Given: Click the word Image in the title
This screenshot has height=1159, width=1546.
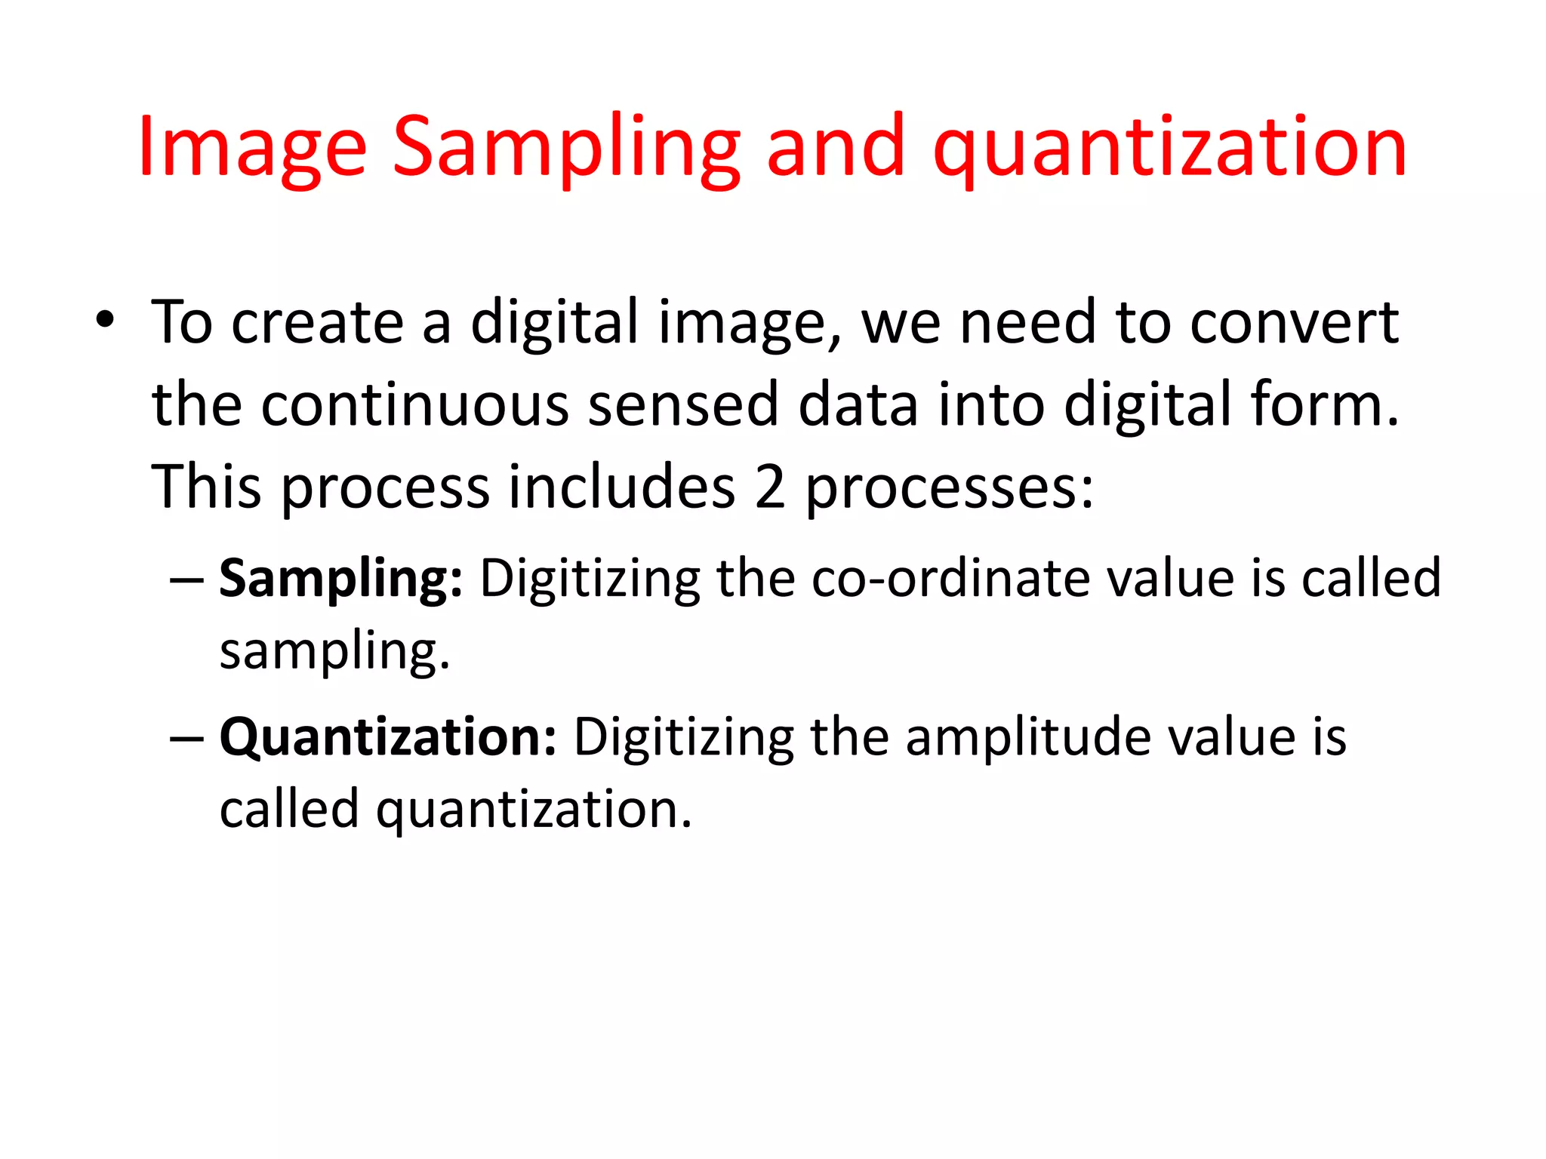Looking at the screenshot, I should point(252,147).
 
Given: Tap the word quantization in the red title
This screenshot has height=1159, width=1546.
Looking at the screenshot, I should point(1170,147).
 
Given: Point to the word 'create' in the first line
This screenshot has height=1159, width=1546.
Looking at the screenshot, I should point(317,323).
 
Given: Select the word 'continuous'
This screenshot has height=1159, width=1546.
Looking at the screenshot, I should point(414,405).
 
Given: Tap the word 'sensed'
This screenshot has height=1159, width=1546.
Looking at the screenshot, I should point(682,405).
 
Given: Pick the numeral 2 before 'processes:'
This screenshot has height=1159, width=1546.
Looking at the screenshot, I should point(769,487).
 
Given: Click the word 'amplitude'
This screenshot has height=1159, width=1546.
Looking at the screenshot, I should point(1027,738).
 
